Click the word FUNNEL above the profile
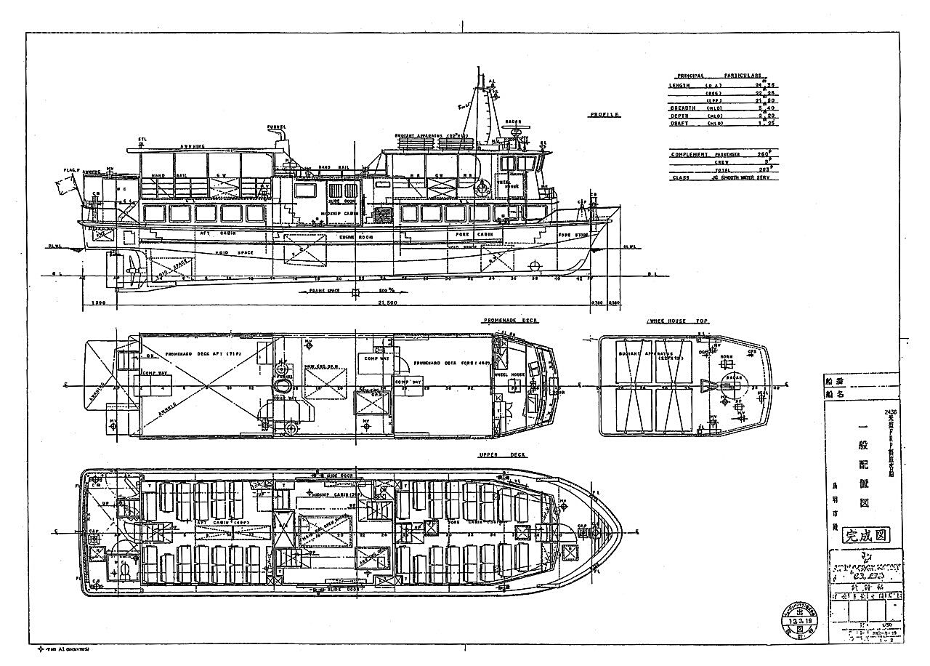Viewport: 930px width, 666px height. coord(276,127)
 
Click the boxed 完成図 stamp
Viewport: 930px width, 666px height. coord(866,536)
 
